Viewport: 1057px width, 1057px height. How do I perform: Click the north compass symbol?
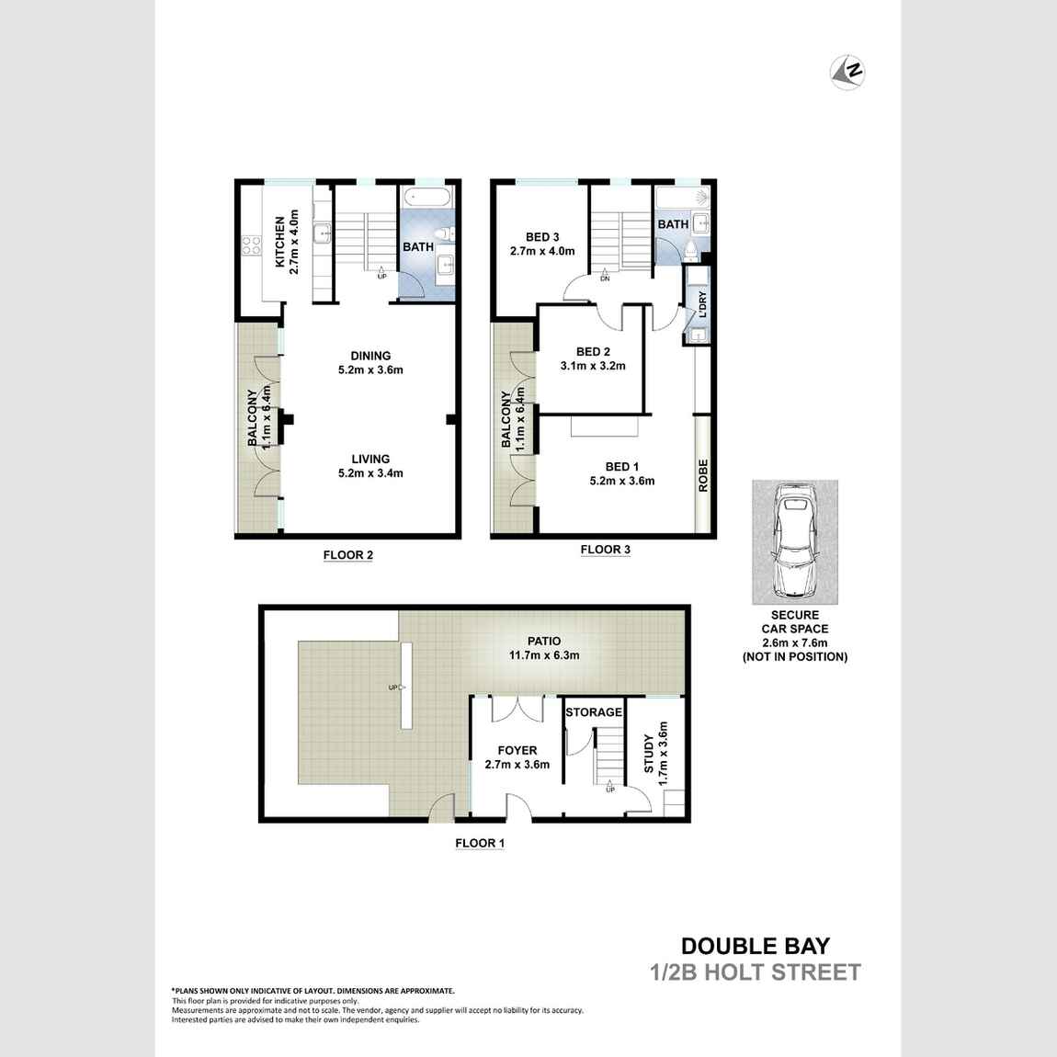[850, 72]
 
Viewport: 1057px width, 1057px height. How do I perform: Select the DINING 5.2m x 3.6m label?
[370, 363]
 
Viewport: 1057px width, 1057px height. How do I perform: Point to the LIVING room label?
[370, 466]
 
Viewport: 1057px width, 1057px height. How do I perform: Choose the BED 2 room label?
[593, 358]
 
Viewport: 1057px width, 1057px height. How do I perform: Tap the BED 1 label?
[621, 473]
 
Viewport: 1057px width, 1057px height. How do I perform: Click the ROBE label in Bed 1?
[703, 475]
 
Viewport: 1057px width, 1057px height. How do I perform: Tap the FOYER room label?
[517, 757]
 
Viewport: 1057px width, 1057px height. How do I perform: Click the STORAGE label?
[594, 712]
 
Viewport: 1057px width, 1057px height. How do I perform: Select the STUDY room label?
[655, 752]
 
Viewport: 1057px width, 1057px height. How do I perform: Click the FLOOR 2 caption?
[347, 555]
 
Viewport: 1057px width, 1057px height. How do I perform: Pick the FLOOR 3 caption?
[605, 551]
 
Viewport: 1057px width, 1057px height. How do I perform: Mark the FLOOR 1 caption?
[480, 843]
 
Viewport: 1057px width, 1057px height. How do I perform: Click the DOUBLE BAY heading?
[755, 946]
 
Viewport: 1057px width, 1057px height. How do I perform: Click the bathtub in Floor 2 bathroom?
[428, 198]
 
